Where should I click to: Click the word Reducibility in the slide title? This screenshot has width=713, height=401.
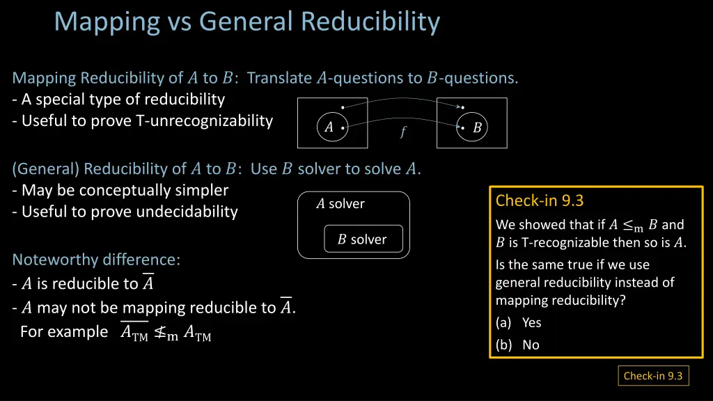pyautogui.click(x=370, y=22)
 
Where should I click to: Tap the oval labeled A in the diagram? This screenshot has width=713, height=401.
pyautogui.click(x=329, y=127)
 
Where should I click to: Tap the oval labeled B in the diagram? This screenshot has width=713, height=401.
pyautogui.click(x=477, y=128)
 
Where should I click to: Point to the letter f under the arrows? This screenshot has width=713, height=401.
pyautogui.click(x=403, y=132)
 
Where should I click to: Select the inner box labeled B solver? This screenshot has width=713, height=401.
pyautogui.click(x=363, y=239)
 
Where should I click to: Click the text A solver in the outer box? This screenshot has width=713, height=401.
pyautogui.click(x=340, y=204)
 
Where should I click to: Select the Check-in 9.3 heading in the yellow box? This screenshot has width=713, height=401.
pyautogui.click(x=539, y=201)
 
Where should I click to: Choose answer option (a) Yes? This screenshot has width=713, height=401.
pyautogui.click(x=519, y=322)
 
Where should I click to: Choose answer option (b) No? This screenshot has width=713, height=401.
pyautogui.click(x=518, y=345)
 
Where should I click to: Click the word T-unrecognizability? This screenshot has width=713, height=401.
pyautogui.click(x=204, y=120)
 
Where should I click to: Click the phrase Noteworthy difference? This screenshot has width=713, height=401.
pyautogui.click(x=96, y=260)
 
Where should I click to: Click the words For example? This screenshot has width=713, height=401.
pyautogui.click(x=64, y=331)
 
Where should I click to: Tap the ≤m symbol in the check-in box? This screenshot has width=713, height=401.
pyautogui.click(x=633, y=226)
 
